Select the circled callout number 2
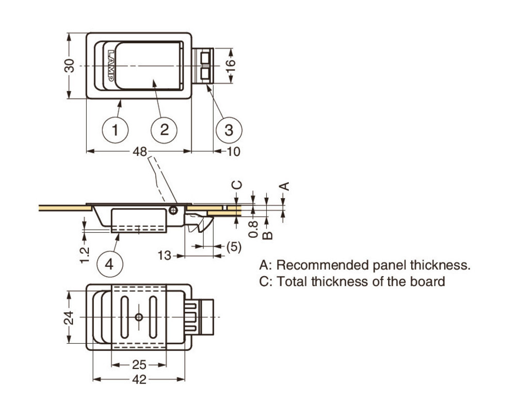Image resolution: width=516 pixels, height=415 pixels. point(164,130)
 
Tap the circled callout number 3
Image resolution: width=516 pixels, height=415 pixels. point(229,130)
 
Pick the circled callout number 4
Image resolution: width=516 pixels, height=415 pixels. point(109,264)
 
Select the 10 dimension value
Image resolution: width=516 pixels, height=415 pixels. point(233,151)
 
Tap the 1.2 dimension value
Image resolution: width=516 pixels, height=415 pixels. point(86,255)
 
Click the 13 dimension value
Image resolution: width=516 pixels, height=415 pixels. point(165,256)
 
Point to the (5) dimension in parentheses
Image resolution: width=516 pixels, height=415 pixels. point(233,247)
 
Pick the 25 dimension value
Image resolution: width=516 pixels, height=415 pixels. point(139,365)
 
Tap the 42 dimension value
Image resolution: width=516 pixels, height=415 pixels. point(139,380)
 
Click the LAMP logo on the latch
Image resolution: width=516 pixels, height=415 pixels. point(112,66)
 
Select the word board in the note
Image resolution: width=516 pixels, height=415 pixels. point(430,282)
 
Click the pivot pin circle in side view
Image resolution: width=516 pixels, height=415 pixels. point(174,210)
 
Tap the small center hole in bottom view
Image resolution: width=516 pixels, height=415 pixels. point(138,317)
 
